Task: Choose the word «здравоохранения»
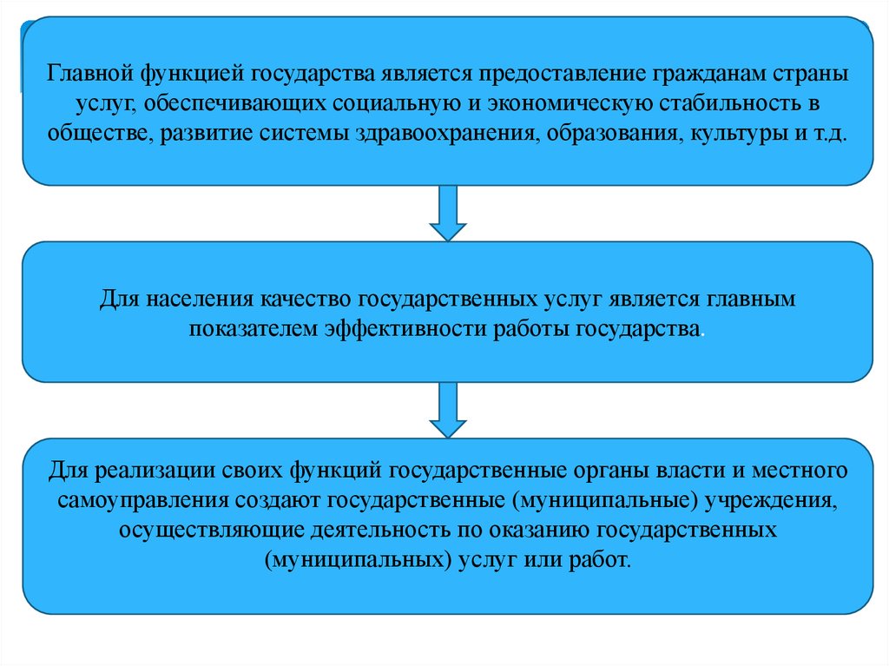(444, 136)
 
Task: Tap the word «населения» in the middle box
(197, 300)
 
